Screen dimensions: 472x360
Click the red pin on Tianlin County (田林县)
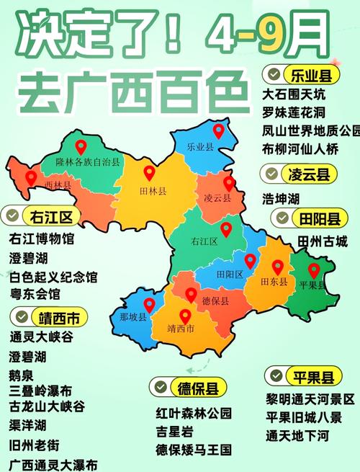click(x=149, y=173)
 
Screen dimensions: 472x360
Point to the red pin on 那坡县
click(x=149, y=305)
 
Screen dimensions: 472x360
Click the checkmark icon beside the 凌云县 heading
click(x=271, y=174)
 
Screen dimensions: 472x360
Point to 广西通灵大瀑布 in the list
click(x=54, y=465)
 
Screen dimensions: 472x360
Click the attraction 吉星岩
click(x=175, y=432)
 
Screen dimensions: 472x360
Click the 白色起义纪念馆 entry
click(x=54, y=277)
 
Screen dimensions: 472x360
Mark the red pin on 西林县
click(x=30, y=177)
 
